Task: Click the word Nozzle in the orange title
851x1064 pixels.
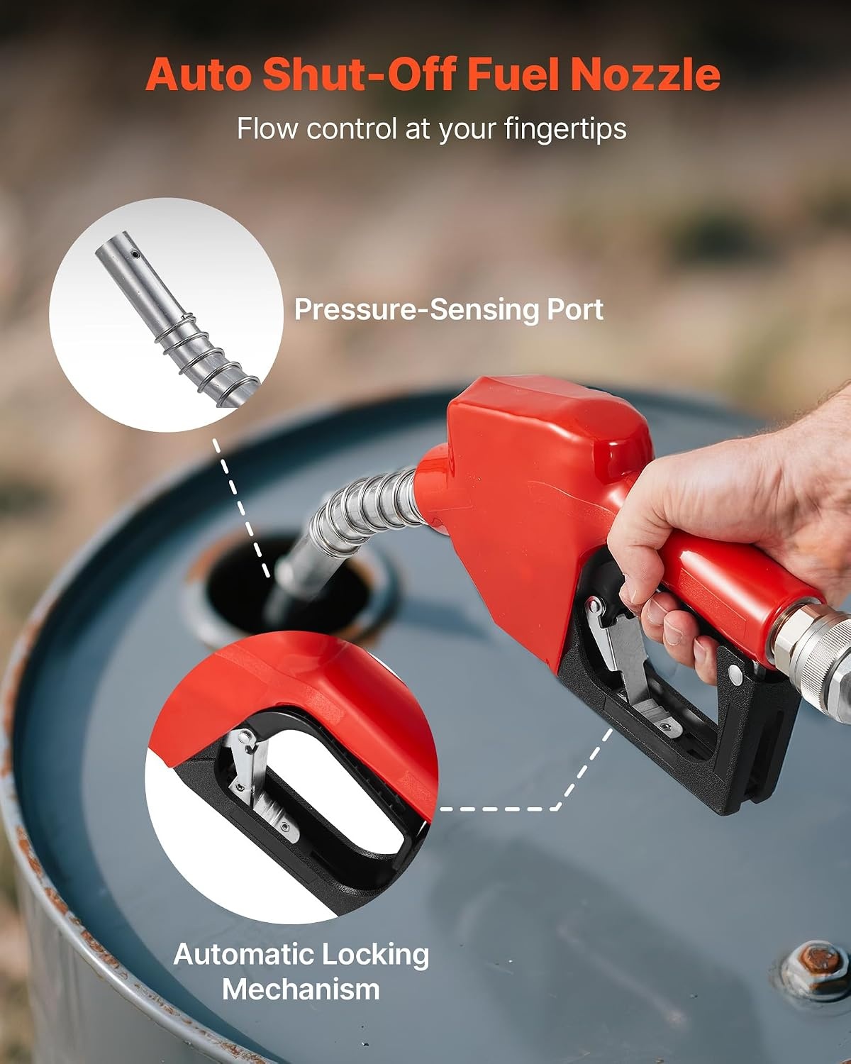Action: pos(645,74)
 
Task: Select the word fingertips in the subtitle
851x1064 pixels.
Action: pos(565,130)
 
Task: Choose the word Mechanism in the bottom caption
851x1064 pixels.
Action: pos(301,989)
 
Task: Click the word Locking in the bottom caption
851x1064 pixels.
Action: pos(372,955)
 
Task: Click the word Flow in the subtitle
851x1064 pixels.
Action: pos(267,128)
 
